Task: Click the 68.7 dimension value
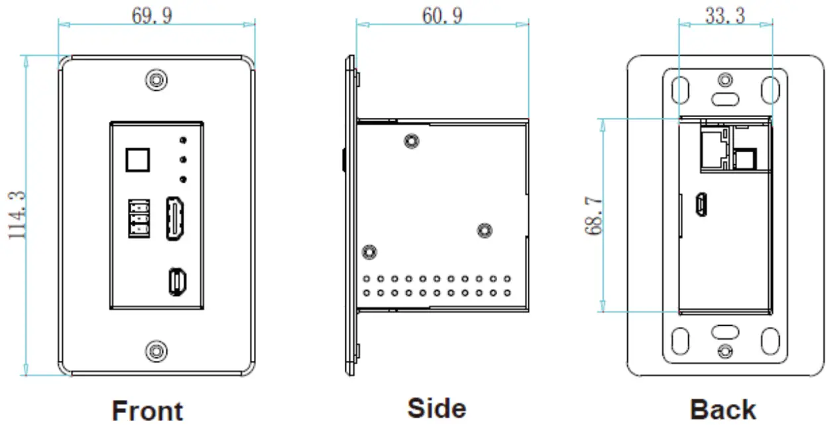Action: click(x=593, y=216)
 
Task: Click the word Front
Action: click(x=147, y=410)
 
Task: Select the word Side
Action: click(x=436, y=408)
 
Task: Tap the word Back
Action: click(x=723, y=410)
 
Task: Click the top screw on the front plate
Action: click(x=156, y=80)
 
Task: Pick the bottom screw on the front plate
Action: click(x=156, y=350)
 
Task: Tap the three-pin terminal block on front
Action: click(x=138, y=218)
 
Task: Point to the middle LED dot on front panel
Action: click(x=183, y=159)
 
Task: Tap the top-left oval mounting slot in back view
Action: click(x=678, y=89)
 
